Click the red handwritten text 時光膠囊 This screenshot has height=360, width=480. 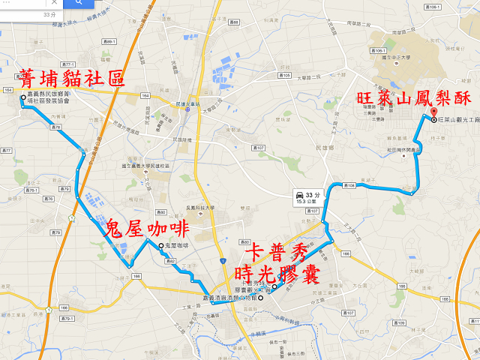(277, 273)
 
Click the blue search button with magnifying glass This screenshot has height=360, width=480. (78, 4)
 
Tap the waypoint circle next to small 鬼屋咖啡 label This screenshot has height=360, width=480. (160, 246)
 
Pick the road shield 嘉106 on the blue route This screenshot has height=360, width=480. (349, 184)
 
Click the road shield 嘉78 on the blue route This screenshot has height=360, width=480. (55, 127)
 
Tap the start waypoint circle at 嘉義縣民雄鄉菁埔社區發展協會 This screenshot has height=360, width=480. (23, 97)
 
